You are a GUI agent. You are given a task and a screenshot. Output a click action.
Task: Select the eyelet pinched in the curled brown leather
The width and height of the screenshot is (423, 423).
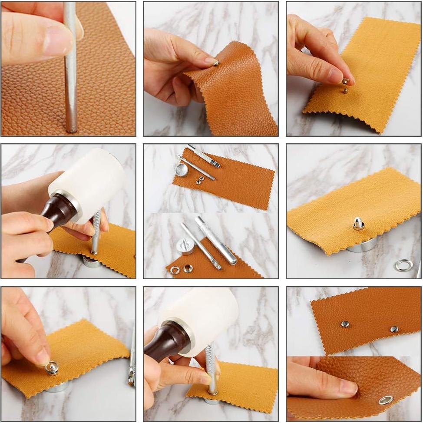tap(216, 63)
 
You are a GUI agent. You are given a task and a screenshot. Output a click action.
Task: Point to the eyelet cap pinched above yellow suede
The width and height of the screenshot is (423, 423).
tap(345, 81)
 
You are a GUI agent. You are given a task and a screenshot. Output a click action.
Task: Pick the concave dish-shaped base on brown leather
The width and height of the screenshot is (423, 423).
tap(181, 169)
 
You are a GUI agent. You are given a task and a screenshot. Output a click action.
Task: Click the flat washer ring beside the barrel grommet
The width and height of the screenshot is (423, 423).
tap(175, 270)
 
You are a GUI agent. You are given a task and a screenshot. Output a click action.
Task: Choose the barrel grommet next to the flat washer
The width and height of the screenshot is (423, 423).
tap(188, 268)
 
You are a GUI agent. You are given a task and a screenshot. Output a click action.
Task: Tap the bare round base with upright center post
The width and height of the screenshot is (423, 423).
tap(185, 246)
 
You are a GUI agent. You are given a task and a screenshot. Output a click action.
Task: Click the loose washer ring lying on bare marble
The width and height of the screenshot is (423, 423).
tap(403, 264)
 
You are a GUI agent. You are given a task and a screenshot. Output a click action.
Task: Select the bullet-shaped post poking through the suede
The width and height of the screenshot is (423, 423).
tap(358, 223)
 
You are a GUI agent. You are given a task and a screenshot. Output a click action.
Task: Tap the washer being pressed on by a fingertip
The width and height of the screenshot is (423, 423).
tap(52, 369)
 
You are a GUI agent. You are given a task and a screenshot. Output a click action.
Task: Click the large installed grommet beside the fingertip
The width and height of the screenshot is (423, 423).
tap(386, 400)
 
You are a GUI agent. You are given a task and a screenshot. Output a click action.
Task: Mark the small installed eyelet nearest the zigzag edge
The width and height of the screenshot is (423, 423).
tap(394, 329)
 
